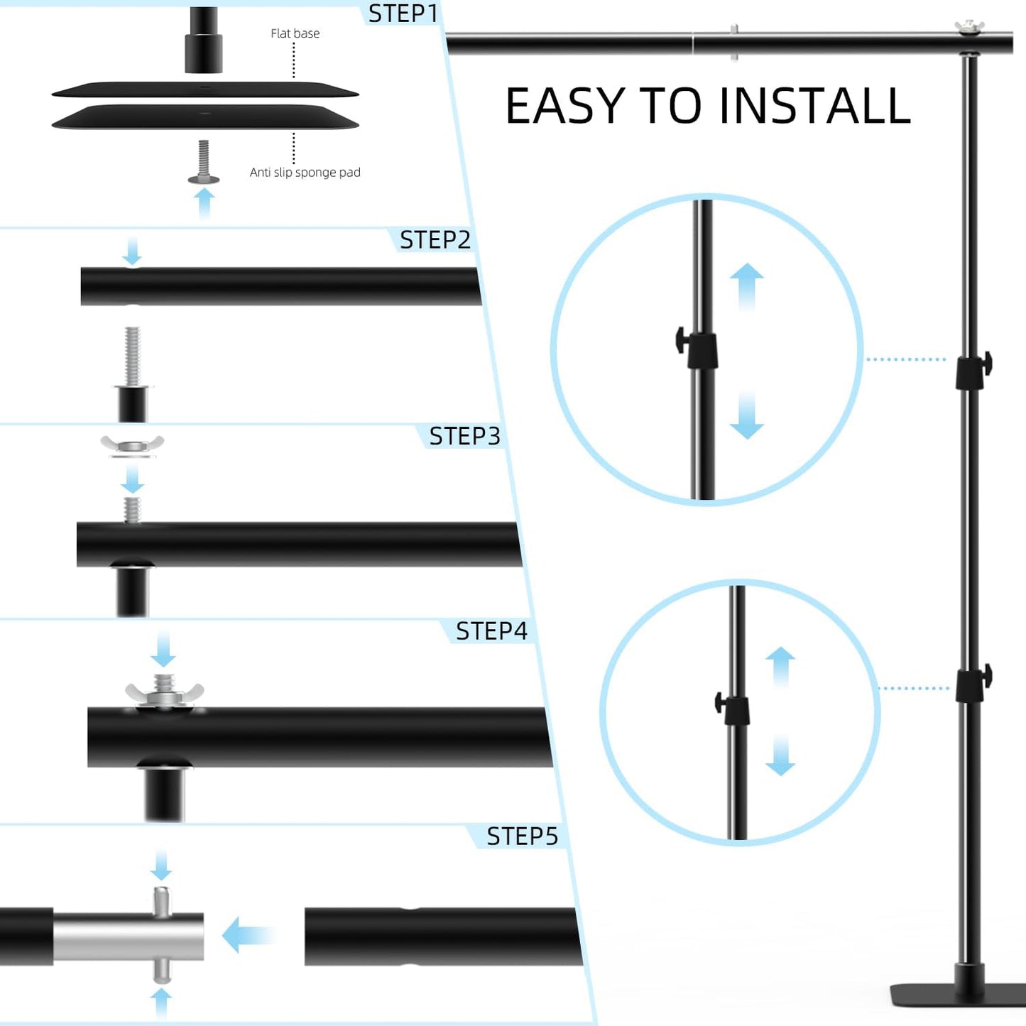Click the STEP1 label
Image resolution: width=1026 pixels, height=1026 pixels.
click(403, 13)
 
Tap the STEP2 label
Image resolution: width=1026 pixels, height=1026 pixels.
click(435, 240)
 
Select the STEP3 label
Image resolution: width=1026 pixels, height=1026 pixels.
click(464, 436)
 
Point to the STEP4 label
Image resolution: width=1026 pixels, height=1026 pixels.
click(491, 631)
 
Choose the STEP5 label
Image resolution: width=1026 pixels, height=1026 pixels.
click(522, 836)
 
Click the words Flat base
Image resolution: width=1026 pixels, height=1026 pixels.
click(295, 33)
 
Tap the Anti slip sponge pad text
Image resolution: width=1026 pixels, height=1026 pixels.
click(305, 173)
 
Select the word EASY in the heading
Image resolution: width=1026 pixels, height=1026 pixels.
click(567, 107)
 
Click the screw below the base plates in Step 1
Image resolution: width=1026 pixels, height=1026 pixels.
click(204, 163)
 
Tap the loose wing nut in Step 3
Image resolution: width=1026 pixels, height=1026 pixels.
click(132, 445)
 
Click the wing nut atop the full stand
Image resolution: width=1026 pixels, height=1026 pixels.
click(969, 28)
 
